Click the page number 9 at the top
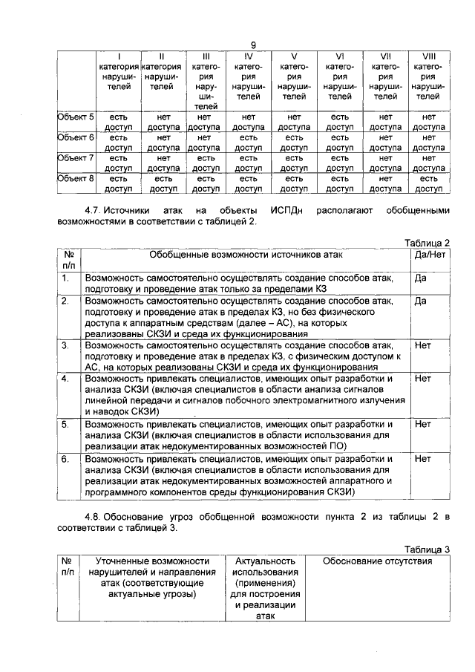pyautogui.click(x=253, y=45)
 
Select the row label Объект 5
pyautogui.click(x=76, y=117)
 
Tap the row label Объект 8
pyautogui.click(x=76, y=178)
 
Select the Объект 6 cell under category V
pyautogui.click(x=295, y=143)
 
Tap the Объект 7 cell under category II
pyautogui.click(x=163, y=163)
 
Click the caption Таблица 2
pyautogui.click(x=427, y=243)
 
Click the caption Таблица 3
pyautogui.click(x=427, y=549)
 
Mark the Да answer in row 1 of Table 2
pyautogui.click(x=421, y=278)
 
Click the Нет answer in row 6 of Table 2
pyautogui.click(x=423, y=459)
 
